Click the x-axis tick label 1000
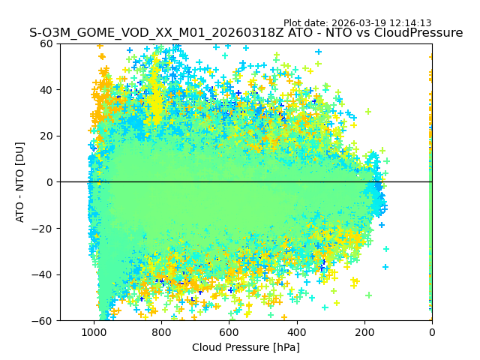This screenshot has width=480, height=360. coord(94,331)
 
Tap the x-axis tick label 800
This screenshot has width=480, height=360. coord(161,331)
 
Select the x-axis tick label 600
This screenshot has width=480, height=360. coord(229,331)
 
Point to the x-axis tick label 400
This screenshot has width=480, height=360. coord(296,331)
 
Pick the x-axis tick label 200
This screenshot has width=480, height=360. coord(364,331)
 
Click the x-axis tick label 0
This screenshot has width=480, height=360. coord(431,331)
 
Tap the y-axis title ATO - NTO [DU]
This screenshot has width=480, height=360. coord(20,182)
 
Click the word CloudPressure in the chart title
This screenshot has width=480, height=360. coord(417,33)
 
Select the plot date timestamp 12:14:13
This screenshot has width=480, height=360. coord(410,23)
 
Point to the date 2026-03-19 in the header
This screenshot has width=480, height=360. coord(357,23)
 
